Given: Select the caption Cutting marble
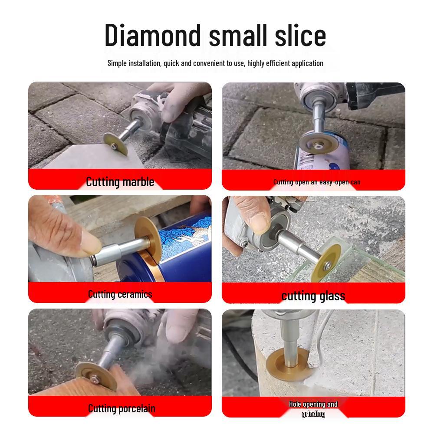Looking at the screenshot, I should (x=120, y=181).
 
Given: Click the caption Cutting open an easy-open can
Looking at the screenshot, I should (x=317, y=182).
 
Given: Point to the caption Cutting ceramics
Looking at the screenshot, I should (x=120, y=294).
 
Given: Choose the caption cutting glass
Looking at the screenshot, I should (x=313, y=296).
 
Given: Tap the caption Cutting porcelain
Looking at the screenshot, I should (x=122, y=408).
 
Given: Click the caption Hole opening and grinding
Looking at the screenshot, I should (x=313, y=409).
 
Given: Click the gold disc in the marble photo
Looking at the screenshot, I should (x=115, y=144).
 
